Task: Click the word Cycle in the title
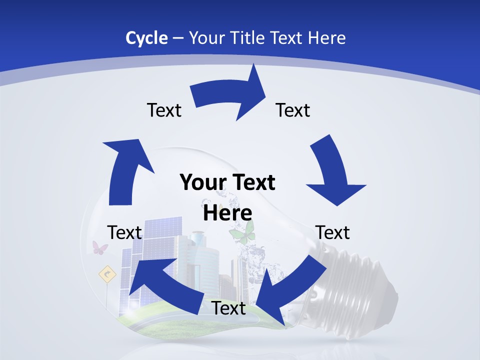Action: pyautogui.click(x=146, y=38)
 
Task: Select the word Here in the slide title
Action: pyautogui.click(x=325, y=38)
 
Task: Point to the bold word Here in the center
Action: pyautogui.click(x=227, y=213)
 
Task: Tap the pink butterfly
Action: pyautogui.click(x=100, y=247)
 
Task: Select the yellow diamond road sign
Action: pyautogui.click(x=107, y=273)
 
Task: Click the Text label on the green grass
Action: pyautogui.click(x=228, y=308)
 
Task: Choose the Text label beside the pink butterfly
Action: pyautogui.click(x=124, y=232)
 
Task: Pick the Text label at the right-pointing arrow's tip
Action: pyautogui.click(x=293, y=110)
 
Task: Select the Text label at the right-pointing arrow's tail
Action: pyautogui.click(x=164, y=110)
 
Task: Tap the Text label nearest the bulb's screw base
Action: pyautogui.click(x=332, y=232)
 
